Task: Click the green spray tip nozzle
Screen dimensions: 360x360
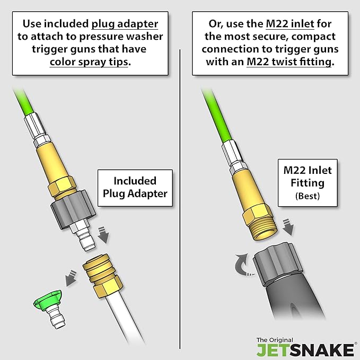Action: (49, 307)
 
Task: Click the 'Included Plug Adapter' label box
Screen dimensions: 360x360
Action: (135, 188)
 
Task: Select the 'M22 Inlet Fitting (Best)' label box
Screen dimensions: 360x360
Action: (308, 183)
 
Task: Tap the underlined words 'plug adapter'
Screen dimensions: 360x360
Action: (125, 24)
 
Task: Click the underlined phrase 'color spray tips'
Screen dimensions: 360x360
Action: (89, 62)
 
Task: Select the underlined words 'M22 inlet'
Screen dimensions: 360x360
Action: (290, 24)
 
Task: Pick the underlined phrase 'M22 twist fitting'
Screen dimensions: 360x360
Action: (289, 62)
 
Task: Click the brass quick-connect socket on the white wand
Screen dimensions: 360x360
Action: (103, 276)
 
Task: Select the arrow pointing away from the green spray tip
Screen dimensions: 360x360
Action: (71, 278)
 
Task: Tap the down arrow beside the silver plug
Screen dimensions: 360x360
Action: (103, 235)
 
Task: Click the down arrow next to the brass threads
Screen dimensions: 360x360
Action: (288, 227)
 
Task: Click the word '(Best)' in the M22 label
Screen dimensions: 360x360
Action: (308, 196)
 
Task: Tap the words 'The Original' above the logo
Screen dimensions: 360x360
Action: (275, 340)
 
